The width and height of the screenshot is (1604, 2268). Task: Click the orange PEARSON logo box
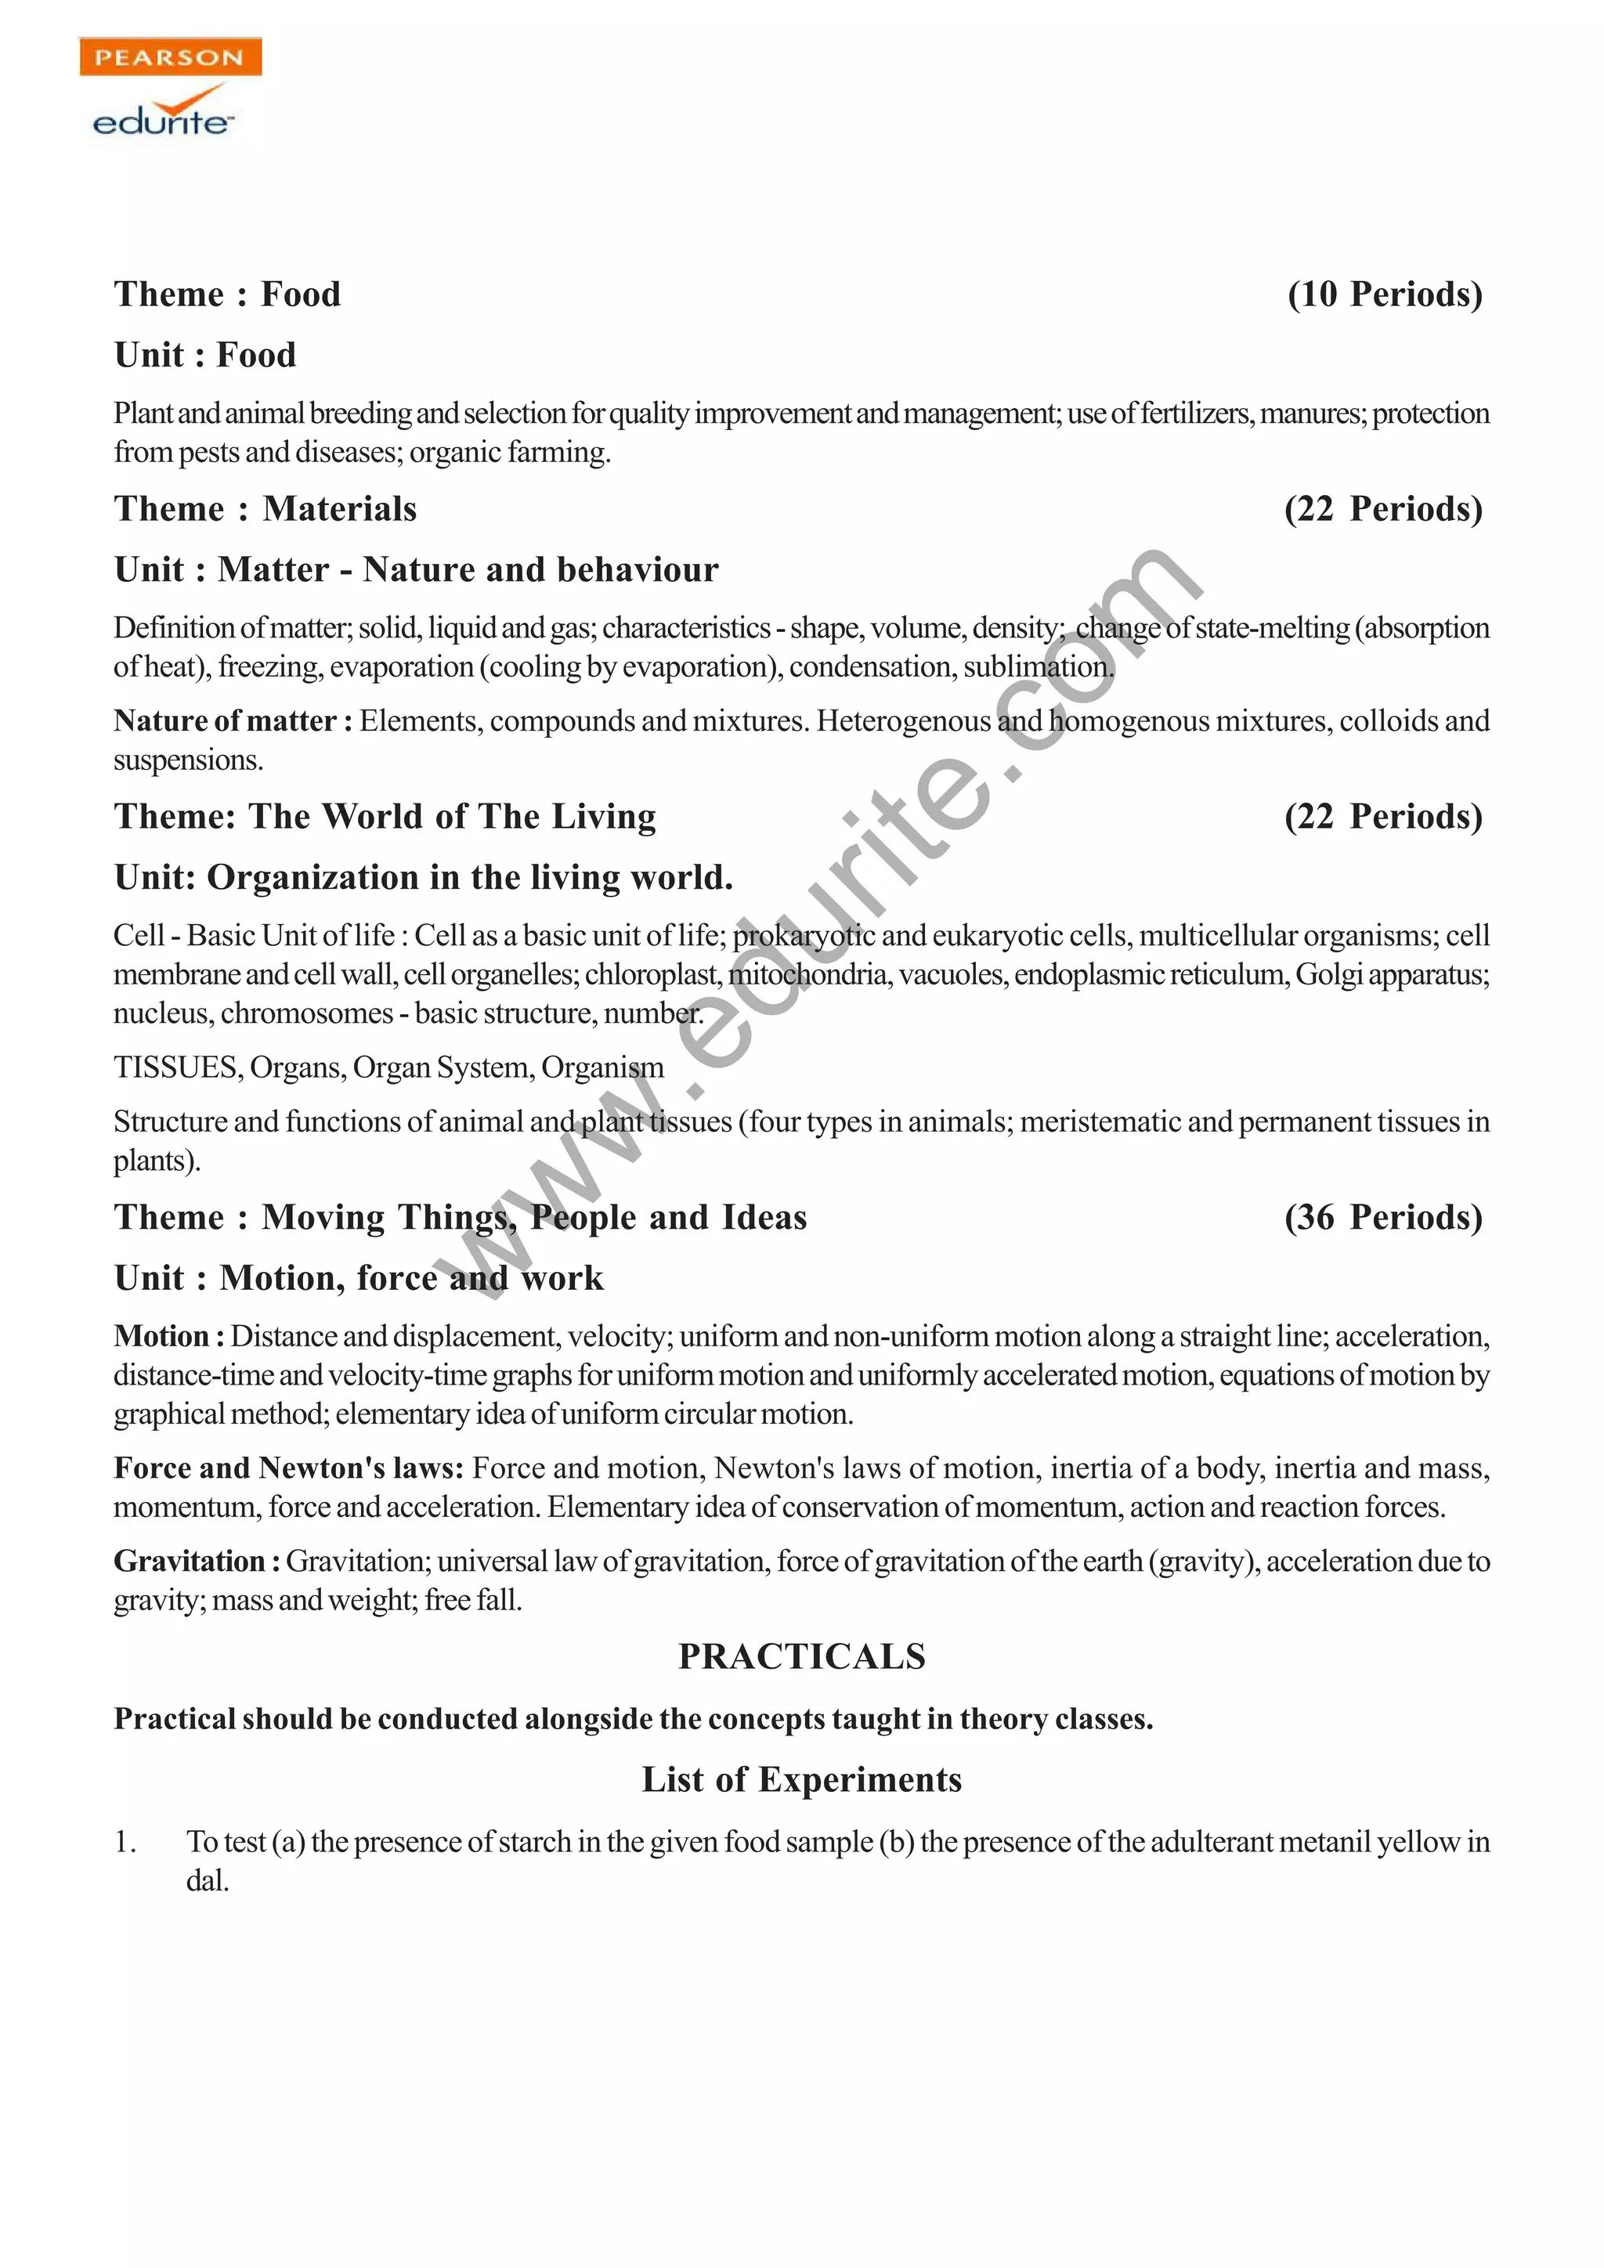click(x=170, y=57)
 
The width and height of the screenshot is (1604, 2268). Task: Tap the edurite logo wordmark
click(x=163, y=121)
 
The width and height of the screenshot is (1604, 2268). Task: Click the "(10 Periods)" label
click(x=1385, y=294)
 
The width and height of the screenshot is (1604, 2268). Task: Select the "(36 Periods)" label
click(x=1384, y=1217)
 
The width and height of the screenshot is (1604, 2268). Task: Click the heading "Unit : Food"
click(x=205, y=355)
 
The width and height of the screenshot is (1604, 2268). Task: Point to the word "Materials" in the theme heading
click(x=340, y=509)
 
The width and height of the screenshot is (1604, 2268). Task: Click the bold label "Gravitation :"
click(x=197, y=1561)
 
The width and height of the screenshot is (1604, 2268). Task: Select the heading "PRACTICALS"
click(x=802, y=1656)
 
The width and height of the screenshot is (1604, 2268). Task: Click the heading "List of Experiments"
click(x=802, y=1779)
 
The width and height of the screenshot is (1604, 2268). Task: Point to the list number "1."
click(x=125, y=1841)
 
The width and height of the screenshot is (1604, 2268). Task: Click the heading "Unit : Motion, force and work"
click(x=359, y=1278)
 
